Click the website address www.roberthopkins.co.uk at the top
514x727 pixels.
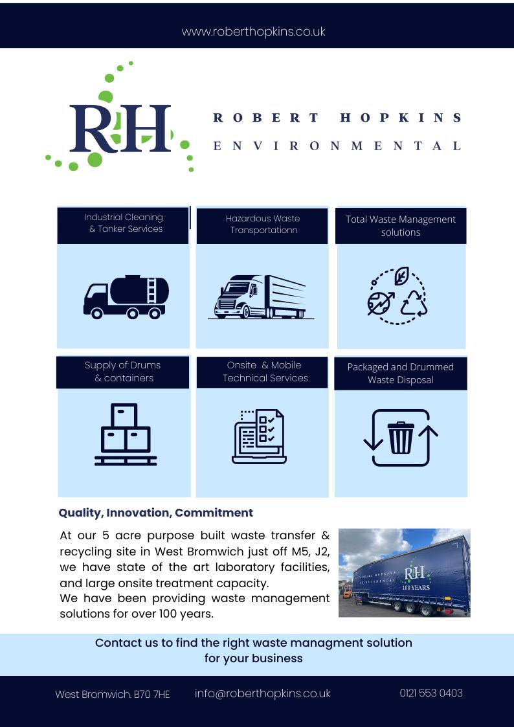(x=253, y=32)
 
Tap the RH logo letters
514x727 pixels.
(x=121, y=129)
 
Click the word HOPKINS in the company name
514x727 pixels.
(x=401, y=118)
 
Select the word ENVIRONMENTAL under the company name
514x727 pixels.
(x=337, y=146)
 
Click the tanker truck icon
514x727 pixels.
(x=126, y=297)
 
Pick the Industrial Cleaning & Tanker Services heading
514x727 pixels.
(x=124, y=223)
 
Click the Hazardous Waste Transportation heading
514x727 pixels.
(x=262, y=225)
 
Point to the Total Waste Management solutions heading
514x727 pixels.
(x=401, y=226)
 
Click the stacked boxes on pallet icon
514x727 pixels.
(x=126, y=434)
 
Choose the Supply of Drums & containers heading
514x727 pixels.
(x=123, y=372)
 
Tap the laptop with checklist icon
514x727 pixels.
(x=259, y=436)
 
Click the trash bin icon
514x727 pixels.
(x=401, y=438)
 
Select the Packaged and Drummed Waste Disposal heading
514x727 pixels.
(x=401, y=374)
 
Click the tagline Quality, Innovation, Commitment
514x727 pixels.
(x=155, y=513)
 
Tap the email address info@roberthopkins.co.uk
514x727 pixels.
(x=262, y=693)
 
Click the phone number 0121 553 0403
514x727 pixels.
(x=431, y=693)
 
